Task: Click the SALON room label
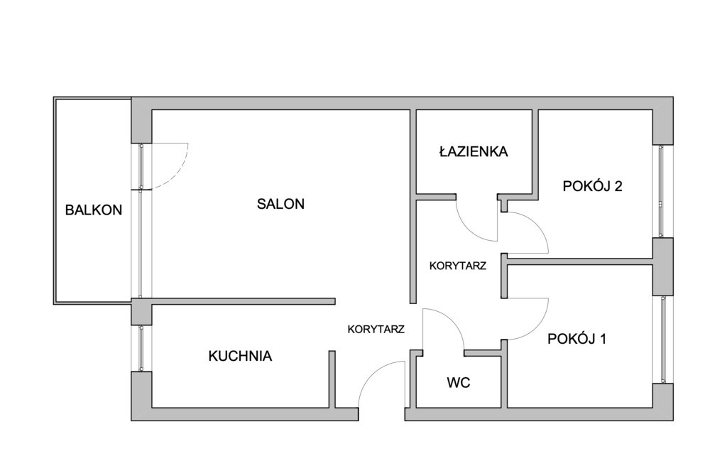click(280, 204)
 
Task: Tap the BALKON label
click(93, 210)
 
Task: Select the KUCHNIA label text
click(240, 356)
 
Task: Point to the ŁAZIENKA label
click(474, 151)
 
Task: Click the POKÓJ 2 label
click(592, 186)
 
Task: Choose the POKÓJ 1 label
click(576, 339)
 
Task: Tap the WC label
click(459, 383)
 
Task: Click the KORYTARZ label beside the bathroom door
click(458, 266)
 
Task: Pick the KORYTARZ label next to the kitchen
click(376, 330)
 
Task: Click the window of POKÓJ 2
click(662, 191)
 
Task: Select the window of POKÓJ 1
click(662, 340)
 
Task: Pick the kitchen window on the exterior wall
click(141, 347)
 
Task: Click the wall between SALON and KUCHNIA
click(243, 301)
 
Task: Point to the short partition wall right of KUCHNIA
click(332, 379)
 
